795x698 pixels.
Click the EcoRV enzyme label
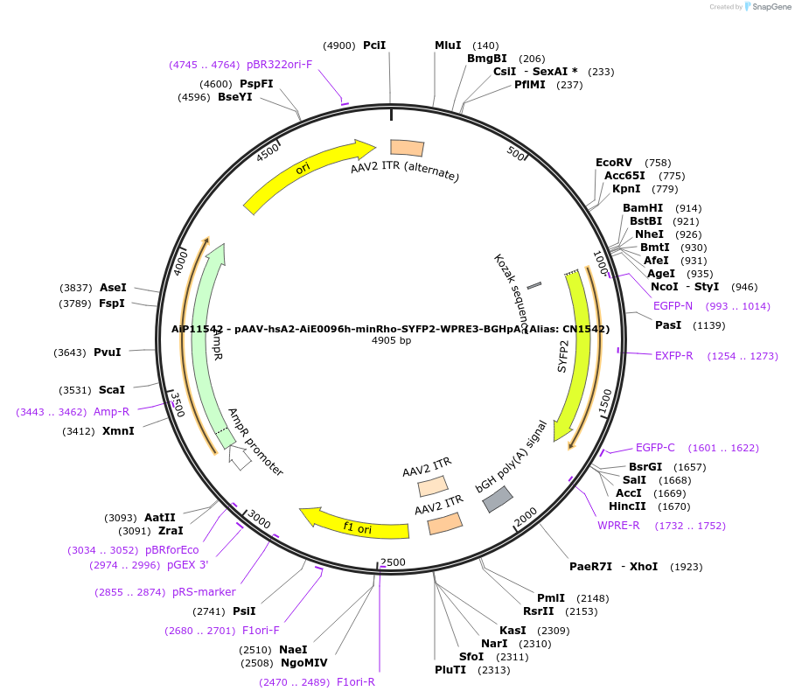613,163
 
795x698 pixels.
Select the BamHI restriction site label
643,208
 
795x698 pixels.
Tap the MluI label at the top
448,45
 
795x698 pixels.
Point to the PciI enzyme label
374,45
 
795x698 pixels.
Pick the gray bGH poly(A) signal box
498,499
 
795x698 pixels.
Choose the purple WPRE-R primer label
619,526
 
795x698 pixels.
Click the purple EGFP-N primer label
673,306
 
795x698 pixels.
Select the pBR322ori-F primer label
279,65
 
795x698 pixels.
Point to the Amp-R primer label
111,411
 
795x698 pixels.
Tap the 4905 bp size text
392,341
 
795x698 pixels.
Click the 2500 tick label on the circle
393,562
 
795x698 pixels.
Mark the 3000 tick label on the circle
259,520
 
